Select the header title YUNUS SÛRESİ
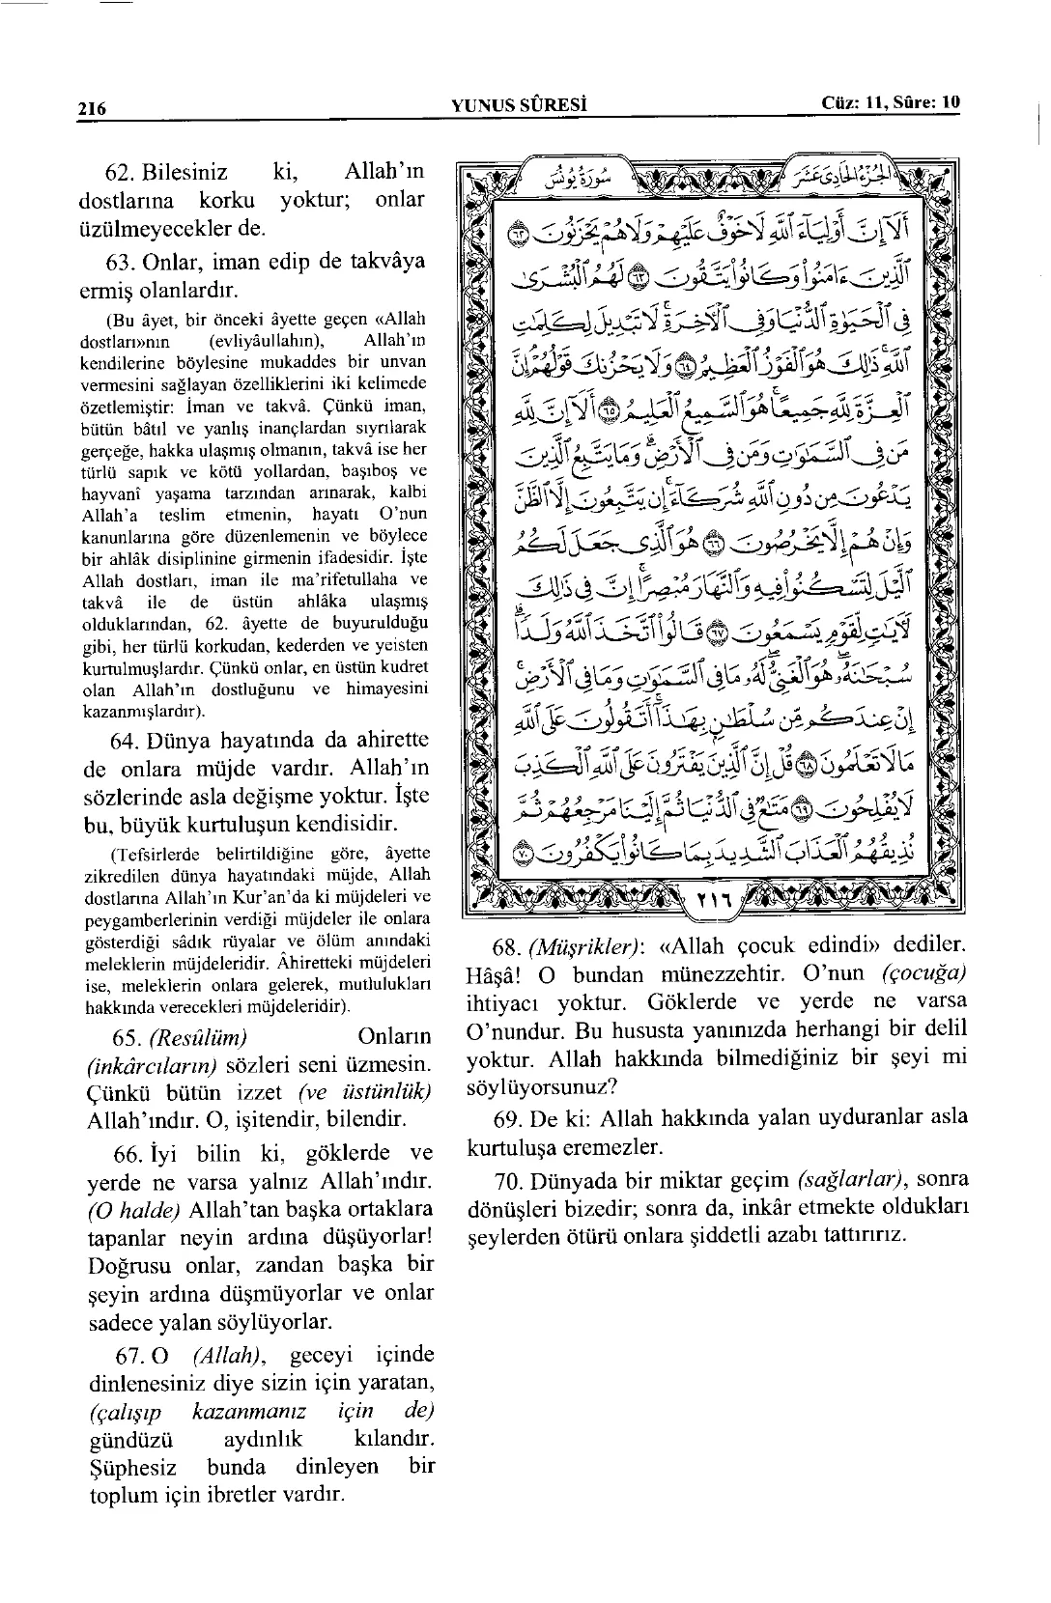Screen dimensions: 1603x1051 coord(520,104)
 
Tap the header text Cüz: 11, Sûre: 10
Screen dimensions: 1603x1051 coord(891,102)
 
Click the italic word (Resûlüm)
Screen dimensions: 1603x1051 coord(198,1038)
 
